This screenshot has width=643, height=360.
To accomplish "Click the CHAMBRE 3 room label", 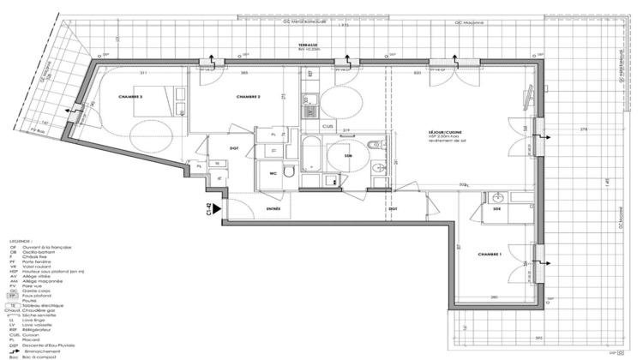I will click(x=131, y=97).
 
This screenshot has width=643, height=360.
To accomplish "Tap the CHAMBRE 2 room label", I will click(x=246, y=97).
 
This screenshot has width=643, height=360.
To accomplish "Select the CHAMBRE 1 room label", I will click(x=490, y=255).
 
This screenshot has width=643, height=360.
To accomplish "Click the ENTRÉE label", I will click(x=273, y=208).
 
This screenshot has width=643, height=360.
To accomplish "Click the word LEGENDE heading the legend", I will click(x=19, y=242).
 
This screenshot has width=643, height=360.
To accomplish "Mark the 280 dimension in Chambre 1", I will click(x=495, y=297).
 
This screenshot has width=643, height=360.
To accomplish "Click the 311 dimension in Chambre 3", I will click(x=131, y=74).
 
